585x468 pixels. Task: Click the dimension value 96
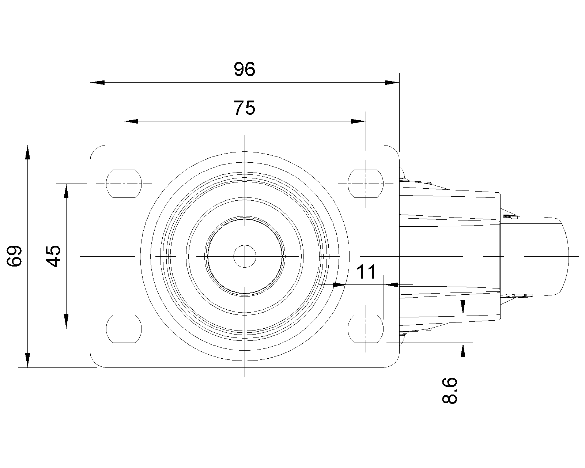coord(244,69)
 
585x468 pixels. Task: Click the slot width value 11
coord(366,272)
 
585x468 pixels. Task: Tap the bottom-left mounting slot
coord(124,329)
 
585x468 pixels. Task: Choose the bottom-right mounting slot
coord(366,329)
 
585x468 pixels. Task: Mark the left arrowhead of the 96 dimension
coord(97,83)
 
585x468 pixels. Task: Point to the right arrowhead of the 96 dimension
coord(392,83)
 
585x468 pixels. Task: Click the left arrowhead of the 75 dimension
coord(131,121)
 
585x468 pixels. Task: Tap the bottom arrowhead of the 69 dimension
coord(27,360)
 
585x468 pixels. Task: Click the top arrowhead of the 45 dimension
coord(66,190)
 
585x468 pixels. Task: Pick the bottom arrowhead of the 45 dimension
coord(66,321)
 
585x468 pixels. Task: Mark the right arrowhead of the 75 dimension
coord(358,121)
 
